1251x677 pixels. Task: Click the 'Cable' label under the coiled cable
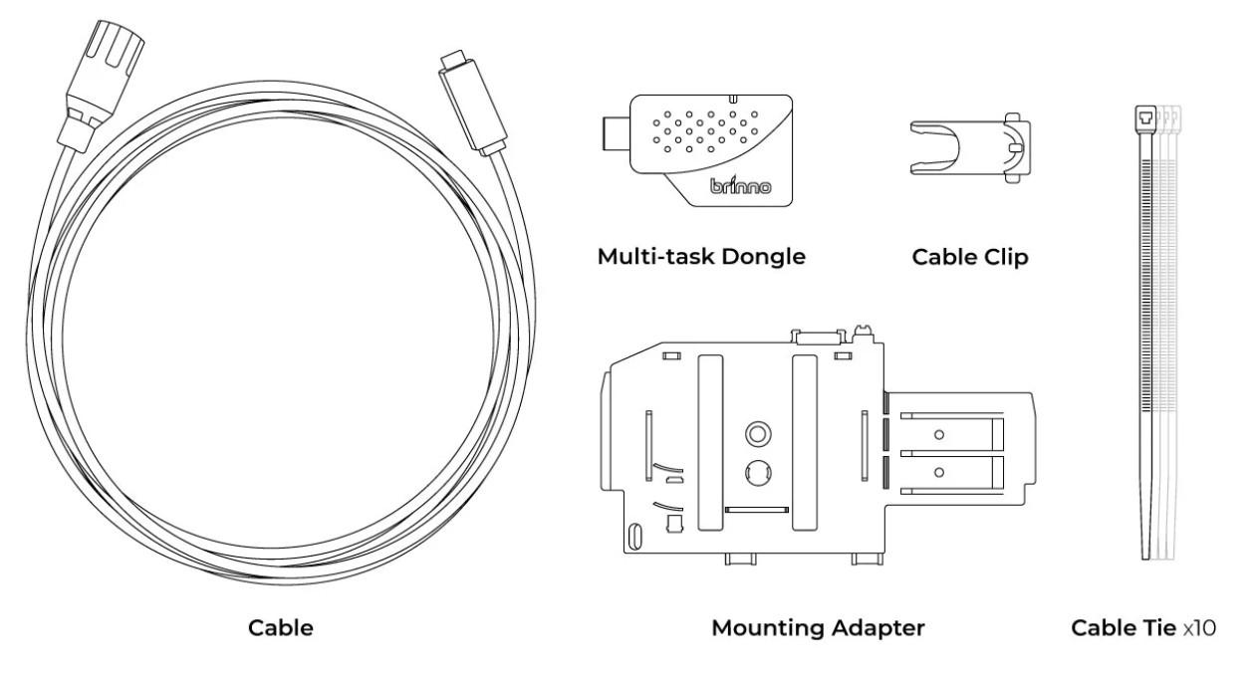pos(280,628)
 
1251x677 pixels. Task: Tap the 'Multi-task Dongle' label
pos(700,257)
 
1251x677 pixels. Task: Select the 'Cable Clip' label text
pos(969,257)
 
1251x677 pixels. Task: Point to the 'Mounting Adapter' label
pos(817,628)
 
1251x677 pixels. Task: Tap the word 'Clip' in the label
pos(1005,257)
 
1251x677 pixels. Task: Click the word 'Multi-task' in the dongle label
pos(651,257)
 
